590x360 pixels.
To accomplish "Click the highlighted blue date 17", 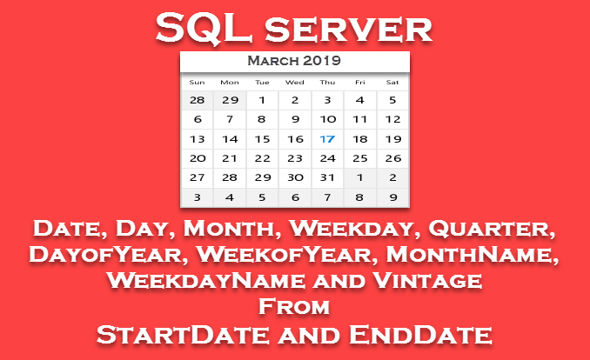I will (327, 139).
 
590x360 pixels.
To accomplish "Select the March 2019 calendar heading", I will (294, 61).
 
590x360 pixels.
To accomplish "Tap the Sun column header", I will (198, 83).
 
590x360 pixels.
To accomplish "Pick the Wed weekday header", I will (295, 83).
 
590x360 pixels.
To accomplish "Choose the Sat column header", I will (392, 83).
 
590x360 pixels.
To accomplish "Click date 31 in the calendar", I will (327, 177).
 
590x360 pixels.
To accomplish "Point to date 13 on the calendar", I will (198, 139).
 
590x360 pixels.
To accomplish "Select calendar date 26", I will (393, 158).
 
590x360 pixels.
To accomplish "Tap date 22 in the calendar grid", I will (262, 158).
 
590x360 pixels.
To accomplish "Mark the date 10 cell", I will (327, 120).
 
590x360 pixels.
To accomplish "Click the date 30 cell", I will (295, 177).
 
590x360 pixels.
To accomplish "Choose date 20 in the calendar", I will (198, 158).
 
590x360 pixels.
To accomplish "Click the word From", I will (294, 306).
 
